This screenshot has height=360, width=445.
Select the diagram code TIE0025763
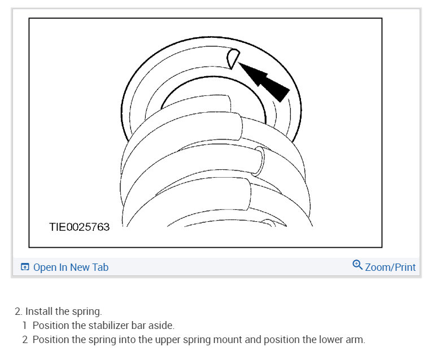pos(79,227)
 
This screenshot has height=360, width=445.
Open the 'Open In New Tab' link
pos(71,267)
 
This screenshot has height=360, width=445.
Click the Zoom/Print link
pos(390,267)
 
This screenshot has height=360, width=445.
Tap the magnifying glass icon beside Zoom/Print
pos(357,265)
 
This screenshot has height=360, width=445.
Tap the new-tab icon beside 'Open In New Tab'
pos(25,267)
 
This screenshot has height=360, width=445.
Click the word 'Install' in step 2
pos(40,311)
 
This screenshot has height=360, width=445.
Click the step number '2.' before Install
pos(19,311)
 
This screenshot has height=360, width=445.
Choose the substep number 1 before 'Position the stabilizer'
pos(25,326)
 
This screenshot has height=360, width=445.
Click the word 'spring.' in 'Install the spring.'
pos(88,311)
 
